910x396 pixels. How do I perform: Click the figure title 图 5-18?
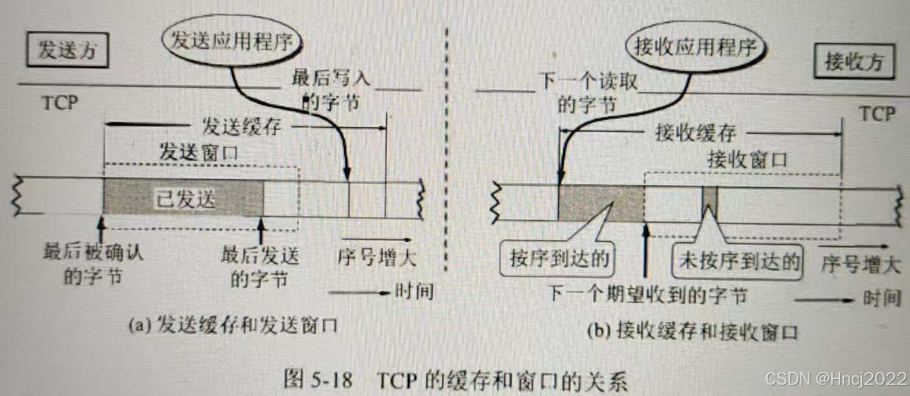point(455,379)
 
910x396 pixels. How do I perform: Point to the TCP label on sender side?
point(59,104)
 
